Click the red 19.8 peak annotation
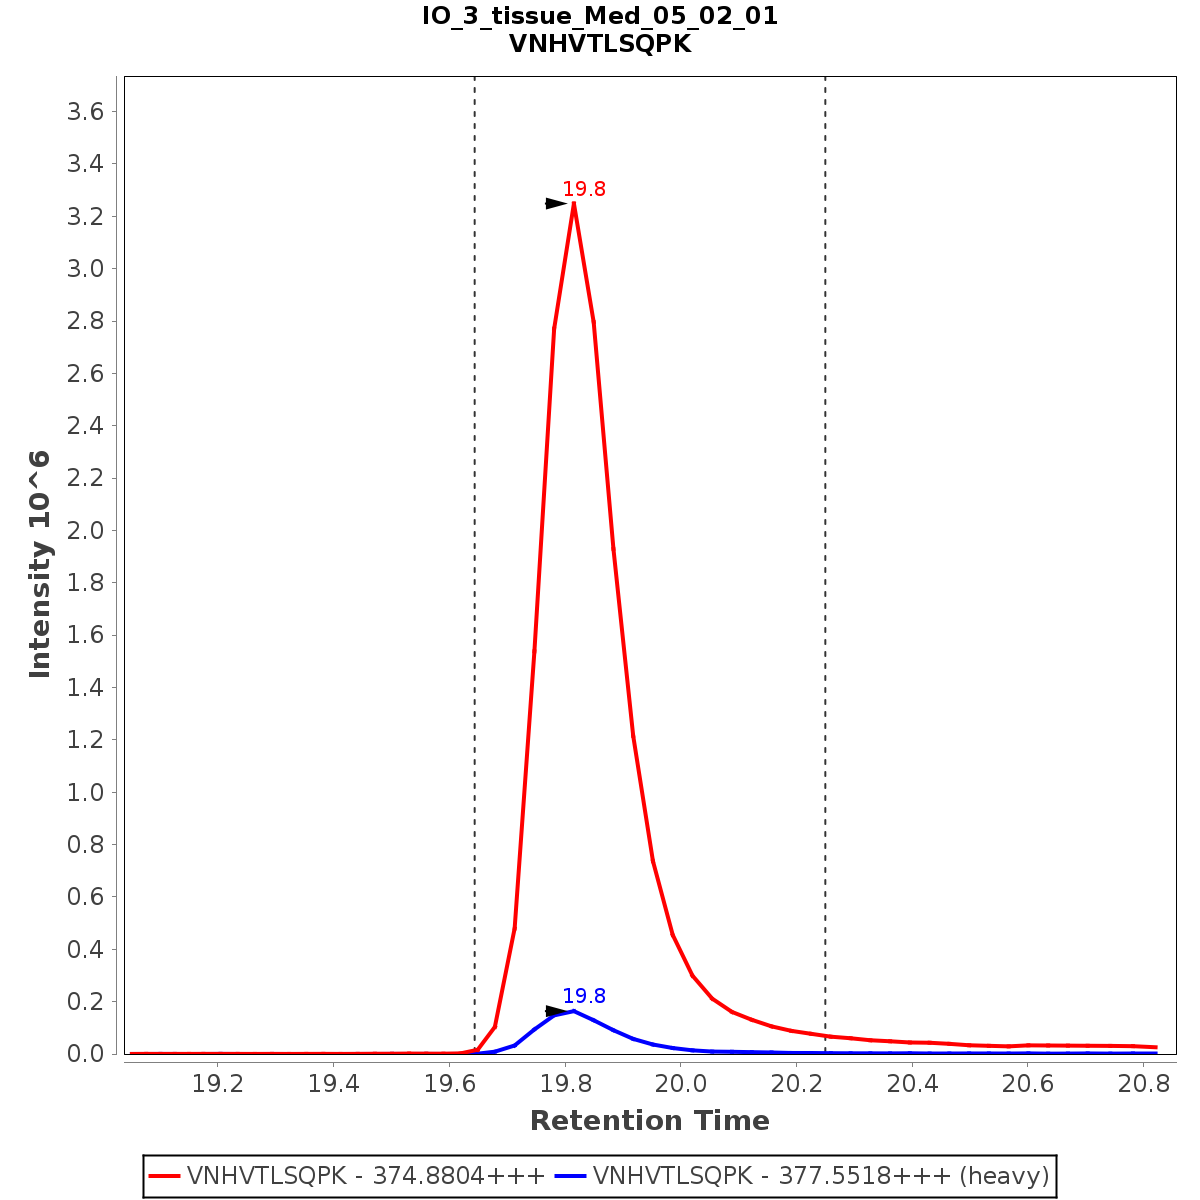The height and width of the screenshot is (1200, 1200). click(584, 189)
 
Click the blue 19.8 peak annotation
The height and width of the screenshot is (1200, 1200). click(584, 996)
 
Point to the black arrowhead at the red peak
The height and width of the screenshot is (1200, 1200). click(556, 204)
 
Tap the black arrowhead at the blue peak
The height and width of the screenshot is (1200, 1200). click(556, 1011)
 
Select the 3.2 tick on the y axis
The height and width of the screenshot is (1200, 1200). click(85, 216)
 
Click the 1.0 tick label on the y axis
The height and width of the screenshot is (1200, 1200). click(85, 792)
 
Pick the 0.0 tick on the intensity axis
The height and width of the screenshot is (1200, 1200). click(85, 1053)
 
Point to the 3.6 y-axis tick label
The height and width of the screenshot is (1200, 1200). click(85, 111)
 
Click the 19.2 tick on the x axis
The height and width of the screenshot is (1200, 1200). click(218, 1083)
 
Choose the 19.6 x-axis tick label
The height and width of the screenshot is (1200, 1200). click(449, 1083)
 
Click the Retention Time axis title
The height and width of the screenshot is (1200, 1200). click(650, 1121)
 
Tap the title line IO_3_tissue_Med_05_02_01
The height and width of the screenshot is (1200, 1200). click(600, 16)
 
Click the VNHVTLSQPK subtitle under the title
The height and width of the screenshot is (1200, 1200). click(600, 44)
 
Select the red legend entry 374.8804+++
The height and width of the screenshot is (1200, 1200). click(348, 1176)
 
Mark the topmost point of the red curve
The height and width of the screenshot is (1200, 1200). click(574, 203)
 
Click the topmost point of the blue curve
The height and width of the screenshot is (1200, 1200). click(573, 1011)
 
